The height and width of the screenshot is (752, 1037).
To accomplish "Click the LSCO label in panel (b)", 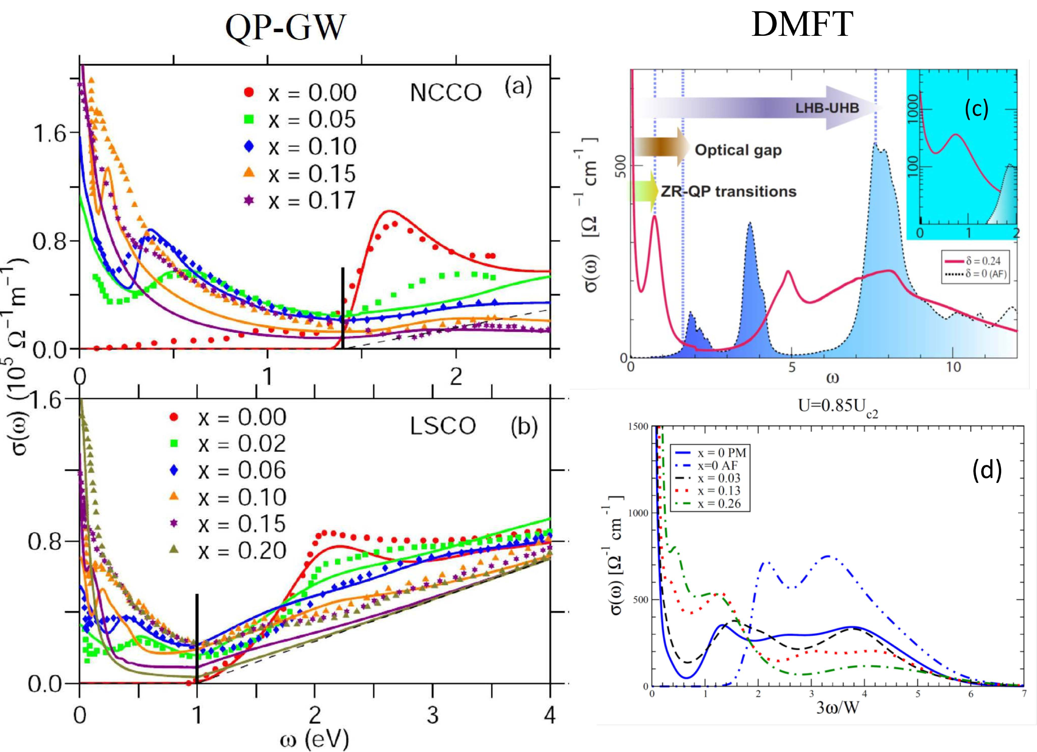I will tap(443, 426).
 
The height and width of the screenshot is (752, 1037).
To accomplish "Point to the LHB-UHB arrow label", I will tap(827, 108).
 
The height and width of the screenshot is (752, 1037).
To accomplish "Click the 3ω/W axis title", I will tap(837, 708).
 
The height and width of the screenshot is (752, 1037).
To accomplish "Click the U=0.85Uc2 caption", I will tap(838, 406).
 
